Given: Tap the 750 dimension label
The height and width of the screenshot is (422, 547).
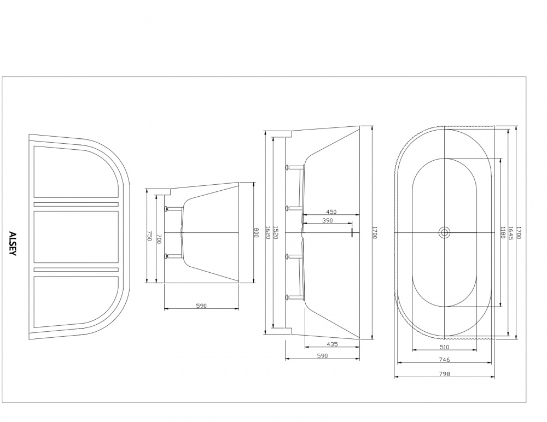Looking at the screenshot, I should pos(149,236).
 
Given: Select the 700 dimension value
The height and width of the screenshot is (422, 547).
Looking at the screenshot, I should pos(159,238).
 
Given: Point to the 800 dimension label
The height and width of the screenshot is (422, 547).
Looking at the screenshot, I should pos(256,233).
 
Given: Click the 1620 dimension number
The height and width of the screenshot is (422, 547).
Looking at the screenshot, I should pos(267,233).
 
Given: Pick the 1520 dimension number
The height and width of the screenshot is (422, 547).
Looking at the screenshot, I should pos(276,233).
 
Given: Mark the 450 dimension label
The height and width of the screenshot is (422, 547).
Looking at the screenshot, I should pos(331,212).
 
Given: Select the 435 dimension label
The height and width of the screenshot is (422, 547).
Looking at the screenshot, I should pos(331,344).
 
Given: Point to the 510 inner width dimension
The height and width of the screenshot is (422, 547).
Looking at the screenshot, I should pos(444,347).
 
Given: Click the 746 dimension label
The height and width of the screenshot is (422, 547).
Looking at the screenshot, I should pos(444,360).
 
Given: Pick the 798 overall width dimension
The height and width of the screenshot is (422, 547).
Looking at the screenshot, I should pos(444,374).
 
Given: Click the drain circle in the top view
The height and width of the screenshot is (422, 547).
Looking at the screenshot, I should pos(444,233).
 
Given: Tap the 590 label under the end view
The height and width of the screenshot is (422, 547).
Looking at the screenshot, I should pos(201,306).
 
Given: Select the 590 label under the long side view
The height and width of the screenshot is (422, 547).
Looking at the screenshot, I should pos(322,356).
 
